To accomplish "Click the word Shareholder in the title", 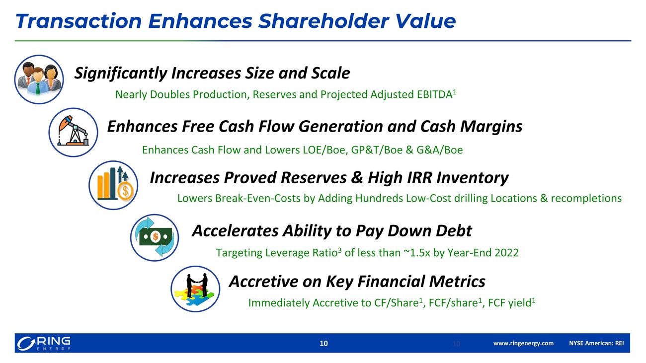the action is (x=323, y=21).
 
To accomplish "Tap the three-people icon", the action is (x=39, y=79).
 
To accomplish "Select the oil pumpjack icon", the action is (x=73, y=133).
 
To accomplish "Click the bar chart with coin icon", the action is (x=113, y=185).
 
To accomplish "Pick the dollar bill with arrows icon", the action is (x=155, y=238).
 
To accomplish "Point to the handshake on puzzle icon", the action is (x=195, y=289).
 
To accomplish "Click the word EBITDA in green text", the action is (x=435, y=94).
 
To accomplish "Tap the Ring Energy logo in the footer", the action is (x=44, y=344).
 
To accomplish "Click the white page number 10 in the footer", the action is (x=323, y=344).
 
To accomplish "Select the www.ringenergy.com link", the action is (x=523, y=344).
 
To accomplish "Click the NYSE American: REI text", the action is (x=596, y=344).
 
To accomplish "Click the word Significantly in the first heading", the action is (x=121, y=73).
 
